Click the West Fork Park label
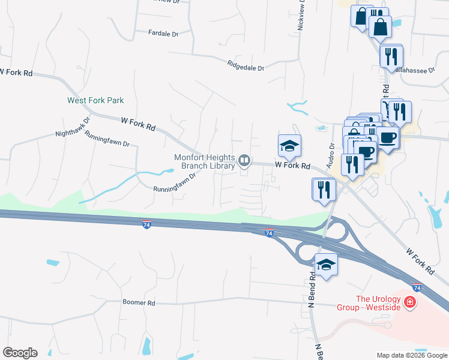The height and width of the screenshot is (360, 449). pos(95,100)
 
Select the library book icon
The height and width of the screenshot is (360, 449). pos(244,160)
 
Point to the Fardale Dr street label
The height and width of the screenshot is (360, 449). pos(163,34)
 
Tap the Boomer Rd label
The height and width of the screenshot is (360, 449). pos(139,303)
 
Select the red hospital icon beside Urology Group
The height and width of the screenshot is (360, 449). pos(411,301)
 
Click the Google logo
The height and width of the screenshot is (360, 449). pos(20,353)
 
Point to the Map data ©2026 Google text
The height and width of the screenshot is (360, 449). pos(411,355)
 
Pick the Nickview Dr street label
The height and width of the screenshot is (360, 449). pos(301,15)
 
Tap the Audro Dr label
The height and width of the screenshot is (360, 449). pos(331,155)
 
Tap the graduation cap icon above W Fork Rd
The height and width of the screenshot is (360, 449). pos(289,146)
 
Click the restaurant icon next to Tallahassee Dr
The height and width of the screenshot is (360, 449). pos(391,57)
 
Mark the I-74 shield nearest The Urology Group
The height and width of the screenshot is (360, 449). pos(417,289)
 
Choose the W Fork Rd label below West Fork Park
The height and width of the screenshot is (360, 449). pos(138,124)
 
